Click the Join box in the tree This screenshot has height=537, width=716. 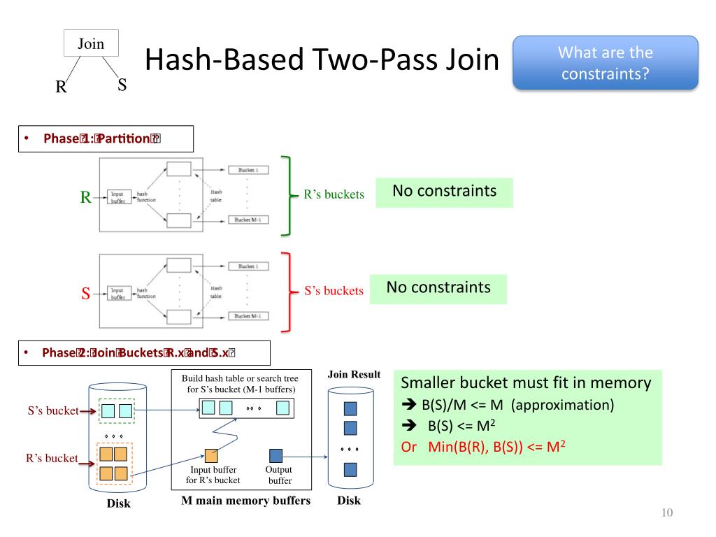[91, 44]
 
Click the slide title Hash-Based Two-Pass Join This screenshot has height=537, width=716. [322, 62]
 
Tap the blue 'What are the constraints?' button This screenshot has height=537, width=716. [606, 63]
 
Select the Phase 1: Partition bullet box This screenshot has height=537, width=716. [105, 138]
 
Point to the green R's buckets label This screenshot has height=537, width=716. [334, 195]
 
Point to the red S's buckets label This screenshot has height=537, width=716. [334, 290]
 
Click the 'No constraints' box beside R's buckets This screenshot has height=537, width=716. [444, 192]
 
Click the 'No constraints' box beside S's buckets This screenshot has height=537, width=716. [438, 287]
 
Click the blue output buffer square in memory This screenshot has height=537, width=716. [276, 455]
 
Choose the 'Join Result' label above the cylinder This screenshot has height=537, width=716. [354, 375]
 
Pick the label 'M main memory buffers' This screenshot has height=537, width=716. [245, 501]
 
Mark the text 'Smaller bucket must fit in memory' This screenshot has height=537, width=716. [527, 383]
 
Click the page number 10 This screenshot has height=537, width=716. [666, 514]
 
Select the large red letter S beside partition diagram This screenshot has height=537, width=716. [85, 294]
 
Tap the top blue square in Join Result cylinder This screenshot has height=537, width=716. [351, 407]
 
